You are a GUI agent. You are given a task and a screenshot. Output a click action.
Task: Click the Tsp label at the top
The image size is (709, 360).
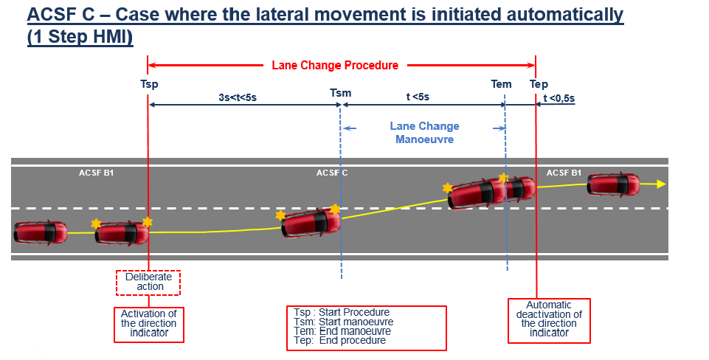tap(149, 84)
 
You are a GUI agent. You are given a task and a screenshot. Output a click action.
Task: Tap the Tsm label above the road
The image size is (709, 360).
tap(340, 93)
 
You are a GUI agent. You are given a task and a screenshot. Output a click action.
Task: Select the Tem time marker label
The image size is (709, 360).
tap(501, 84)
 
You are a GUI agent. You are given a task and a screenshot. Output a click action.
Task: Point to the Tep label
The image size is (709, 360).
tap(539, 84)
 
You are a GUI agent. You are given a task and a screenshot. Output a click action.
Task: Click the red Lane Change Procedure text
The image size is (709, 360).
tap(335, 65)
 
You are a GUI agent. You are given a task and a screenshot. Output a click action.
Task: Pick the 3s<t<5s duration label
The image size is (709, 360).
tap(238, 97)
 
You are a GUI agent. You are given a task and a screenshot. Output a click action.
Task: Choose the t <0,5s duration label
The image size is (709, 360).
tap(559, 97)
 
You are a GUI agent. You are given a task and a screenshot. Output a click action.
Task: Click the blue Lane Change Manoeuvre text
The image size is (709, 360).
tap(424, 132)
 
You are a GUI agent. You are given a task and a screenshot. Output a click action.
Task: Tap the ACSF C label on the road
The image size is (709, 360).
tap(332, 173)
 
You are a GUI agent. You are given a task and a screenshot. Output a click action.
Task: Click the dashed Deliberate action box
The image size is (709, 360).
tap(148, 282)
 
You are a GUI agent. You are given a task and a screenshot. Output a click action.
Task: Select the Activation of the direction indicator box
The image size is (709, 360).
tap(148, 323)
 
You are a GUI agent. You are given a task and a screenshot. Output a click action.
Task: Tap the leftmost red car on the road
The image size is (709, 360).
tap(35, 232)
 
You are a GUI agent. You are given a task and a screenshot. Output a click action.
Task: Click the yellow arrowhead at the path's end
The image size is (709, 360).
tap(661, 184)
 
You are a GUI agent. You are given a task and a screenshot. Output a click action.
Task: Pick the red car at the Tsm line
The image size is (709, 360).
tap(311, 222)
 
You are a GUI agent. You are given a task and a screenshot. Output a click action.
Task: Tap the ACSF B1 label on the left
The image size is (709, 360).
tap(96, 173)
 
